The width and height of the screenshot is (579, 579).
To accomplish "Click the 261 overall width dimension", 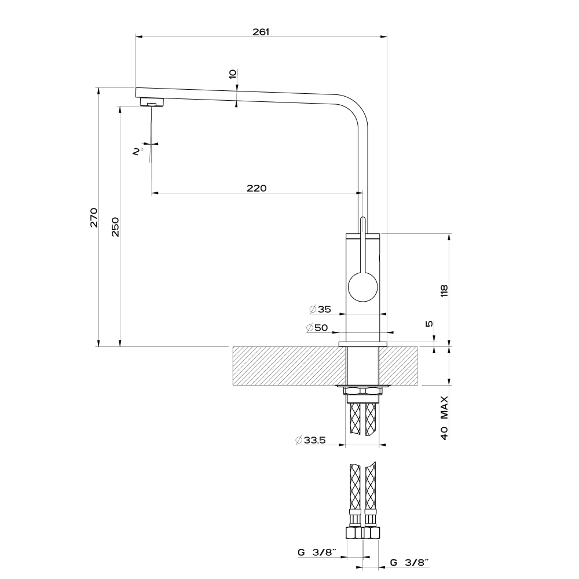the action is [x=261, y=32].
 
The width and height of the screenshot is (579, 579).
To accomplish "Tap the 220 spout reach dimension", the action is [x=256, y=188].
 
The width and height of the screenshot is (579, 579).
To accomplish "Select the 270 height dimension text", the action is [x=94, y=218].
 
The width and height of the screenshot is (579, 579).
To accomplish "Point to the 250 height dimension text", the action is [x=115, y=227].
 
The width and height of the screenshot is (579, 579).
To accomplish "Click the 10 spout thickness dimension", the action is [x=232, y=74].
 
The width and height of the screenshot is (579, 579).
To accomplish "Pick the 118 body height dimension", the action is [x=444, y=291].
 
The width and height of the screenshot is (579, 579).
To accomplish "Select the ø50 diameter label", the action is [x=317, y=327].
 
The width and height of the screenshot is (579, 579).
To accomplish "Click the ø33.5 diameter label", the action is [x=310, y=440].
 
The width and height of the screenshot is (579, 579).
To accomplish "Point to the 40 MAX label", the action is [x=444, y=417].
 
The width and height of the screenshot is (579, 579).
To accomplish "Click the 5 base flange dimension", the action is [x=429, y=324].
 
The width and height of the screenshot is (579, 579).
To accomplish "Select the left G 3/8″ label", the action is [x=317, y=552].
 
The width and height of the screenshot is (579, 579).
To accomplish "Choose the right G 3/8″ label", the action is [x=409, y=562].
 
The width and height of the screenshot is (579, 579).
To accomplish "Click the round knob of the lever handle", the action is [x=363, y=287].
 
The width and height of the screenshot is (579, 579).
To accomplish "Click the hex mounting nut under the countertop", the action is [x=362, y=391].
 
